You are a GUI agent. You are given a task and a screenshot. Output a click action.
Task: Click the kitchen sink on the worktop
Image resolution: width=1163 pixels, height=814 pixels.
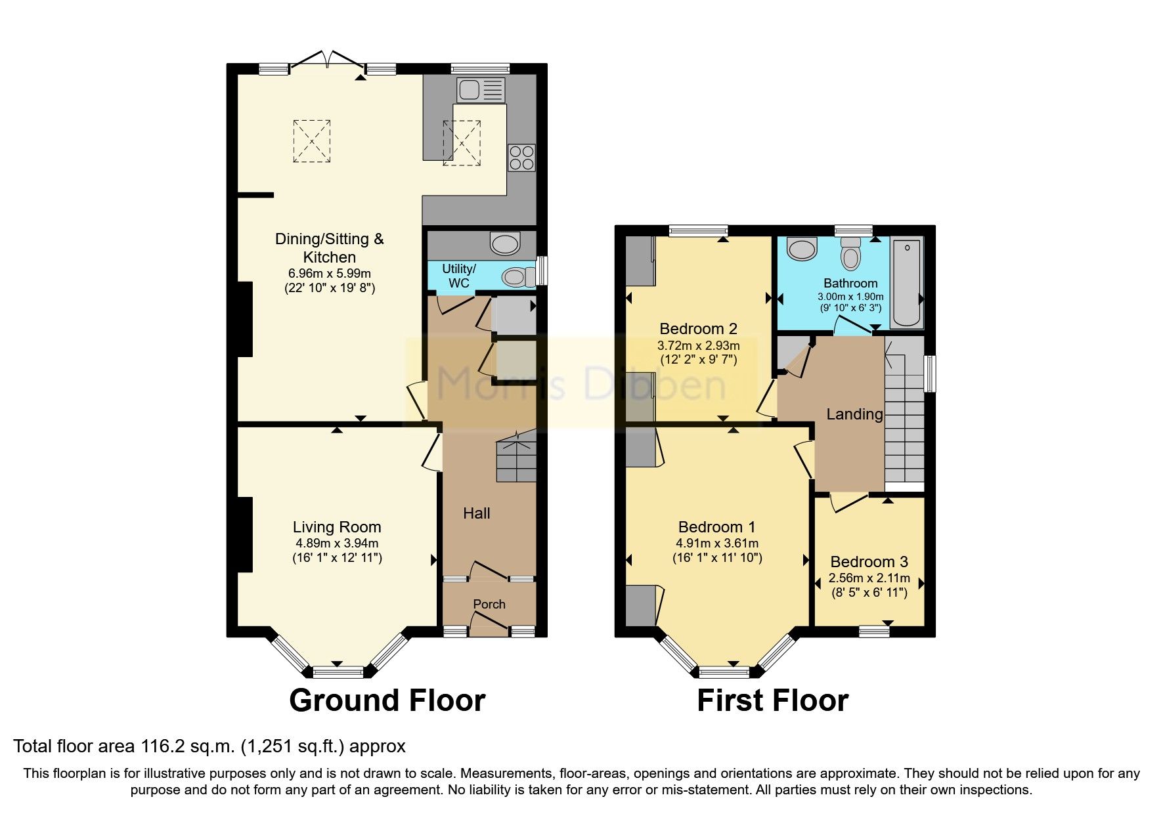[481, 90]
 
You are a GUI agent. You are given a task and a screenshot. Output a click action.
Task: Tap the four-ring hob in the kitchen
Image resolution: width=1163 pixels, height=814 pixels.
[521, 158]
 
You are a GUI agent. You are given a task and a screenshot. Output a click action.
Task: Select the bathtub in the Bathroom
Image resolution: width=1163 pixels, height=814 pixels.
[907, 282]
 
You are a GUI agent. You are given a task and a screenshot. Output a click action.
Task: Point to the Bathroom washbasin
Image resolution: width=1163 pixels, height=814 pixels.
[802, 249]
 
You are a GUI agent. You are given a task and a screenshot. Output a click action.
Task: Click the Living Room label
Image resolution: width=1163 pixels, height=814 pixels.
[337, 527]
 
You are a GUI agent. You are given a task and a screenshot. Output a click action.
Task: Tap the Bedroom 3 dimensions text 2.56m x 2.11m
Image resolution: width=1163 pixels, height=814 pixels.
[869, 578]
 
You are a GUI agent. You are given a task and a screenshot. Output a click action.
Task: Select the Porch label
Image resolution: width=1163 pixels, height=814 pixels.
[489, 604]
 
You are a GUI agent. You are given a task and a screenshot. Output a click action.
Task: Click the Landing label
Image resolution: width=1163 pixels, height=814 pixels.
[854, 414]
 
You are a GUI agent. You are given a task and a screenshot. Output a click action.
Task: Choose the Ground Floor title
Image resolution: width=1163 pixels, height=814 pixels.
[387, 700]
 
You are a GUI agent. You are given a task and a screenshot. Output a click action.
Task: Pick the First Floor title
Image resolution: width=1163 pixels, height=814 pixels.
[772, 700]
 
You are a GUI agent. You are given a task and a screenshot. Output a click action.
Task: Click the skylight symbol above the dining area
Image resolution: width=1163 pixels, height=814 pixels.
[312, 140]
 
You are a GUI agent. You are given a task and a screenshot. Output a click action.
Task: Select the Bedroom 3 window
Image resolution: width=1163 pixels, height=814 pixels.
[874, 632]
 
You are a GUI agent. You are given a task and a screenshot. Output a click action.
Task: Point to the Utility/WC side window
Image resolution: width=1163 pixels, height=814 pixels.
[542, 270]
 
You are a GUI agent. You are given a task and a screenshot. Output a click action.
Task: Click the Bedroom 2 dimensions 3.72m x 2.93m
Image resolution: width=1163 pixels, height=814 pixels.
[698, 345]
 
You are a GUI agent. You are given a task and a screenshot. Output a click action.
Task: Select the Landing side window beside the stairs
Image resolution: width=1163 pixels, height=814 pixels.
[929, 374]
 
